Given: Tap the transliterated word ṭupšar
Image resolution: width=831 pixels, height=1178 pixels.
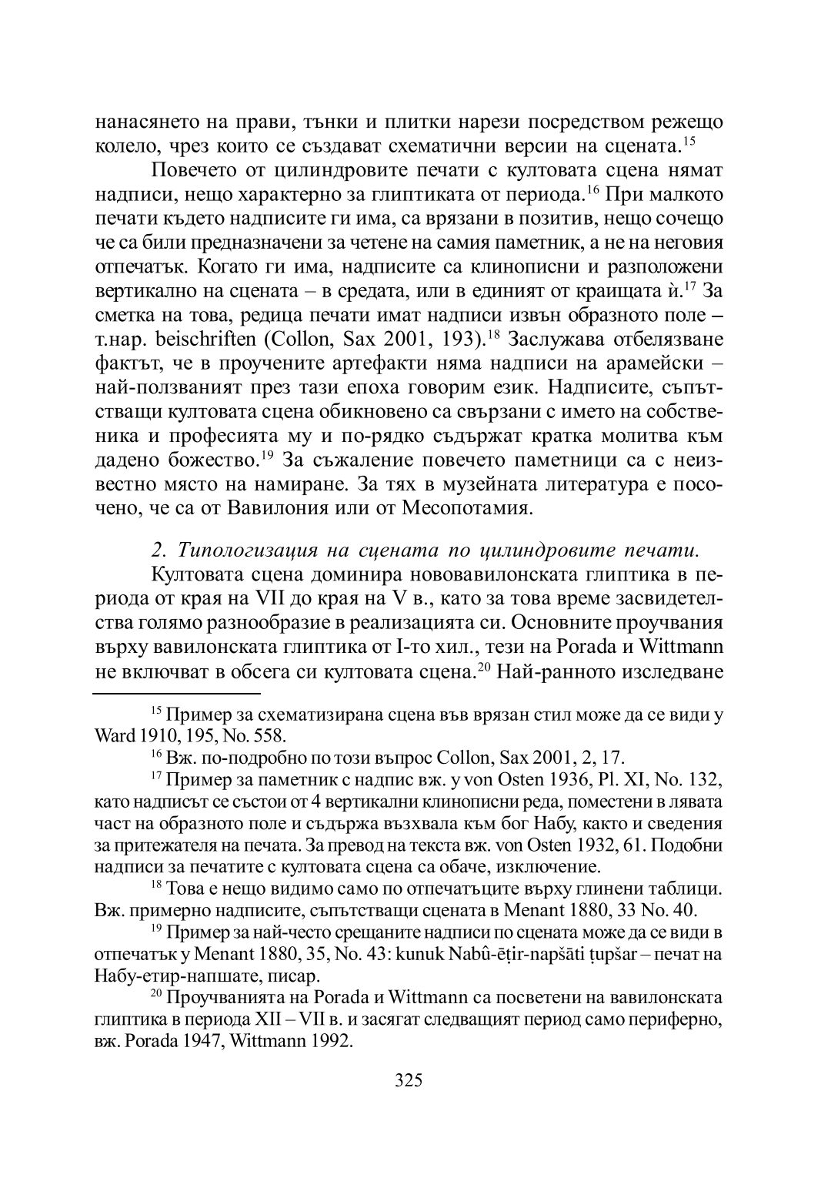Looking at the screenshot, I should (x=621, y=955).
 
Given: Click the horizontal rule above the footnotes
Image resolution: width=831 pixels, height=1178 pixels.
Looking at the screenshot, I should (x=177, y=693).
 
